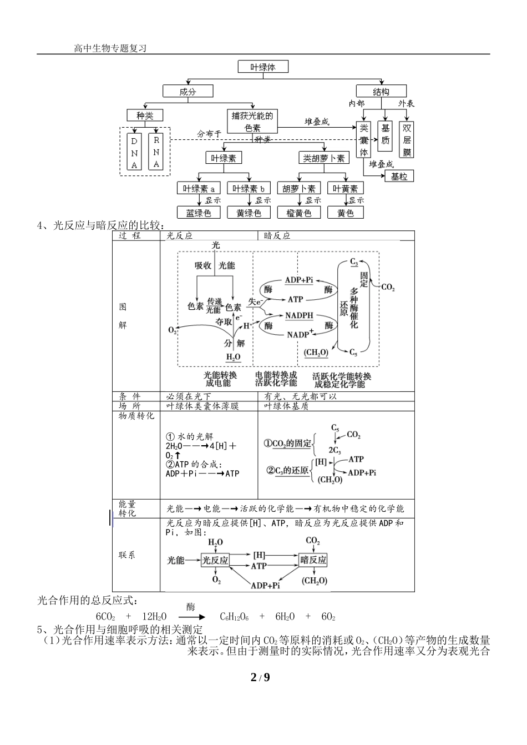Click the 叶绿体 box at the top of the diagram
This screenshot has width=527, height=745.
pos(263,67)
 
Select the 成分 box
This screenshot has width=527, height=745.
pos(188,92)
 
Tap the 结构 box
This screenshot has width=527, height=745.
pos(381,92)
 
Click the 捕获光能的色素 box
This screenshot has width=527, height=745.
pos(252,122)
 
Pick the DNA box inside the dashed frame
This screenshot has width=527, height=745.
pos(134,152)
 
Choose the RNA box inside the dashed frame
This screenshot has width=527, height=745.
pos(156,152)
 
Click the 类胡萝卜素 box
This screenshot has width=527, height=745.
pos(324,158)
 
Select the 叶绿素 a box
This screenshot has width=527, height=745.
pos(199,189)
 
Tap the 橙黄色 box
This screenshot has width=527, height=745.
pos(298,213)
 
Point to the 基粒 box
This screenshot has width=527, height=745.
pos(399,176)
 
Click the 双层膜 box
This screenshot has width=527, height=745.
pos(407,140)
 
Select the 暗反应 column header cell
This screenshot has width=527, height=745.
pos(277,235)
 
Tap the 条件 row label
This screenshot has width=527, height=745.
pos(130,396)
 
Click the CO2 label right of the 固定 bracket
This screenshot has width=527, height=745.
pos(388,287)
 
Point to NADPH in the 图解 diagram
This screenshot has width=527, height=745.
pos(299,315)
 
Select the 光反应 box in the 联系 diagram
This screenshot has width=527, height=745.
pos(215,560)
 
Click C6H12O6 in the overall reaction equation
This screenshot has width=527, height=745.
pos(234,616)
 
